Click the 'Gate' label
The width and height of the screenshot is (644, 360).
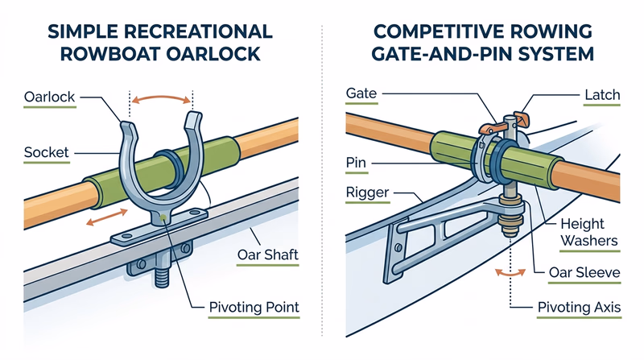click(361, 94)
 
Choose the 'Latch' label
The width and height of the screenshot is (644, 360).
click(601, 95)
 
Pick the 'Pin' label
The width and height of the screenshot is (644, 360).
click(357, 162)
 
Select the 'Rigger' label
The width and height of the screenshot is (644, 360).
click(366, 194)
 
